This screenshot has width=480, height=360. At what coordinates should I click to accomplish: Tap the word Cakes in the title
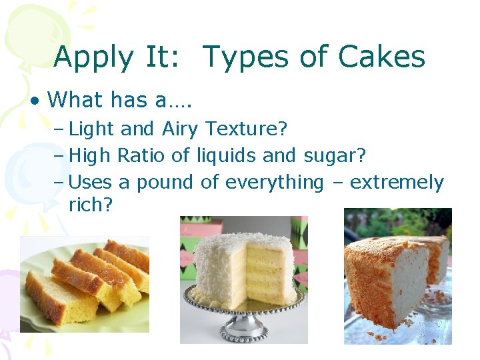(381, 57)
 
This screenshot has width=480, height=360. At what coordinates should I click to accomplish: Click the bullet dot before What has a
(33, 101)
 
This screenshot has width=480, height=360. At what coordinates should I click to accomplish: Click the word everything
(274, 182)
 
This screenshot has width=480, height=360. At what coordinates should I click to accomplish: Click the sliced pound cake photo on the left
(85, 283)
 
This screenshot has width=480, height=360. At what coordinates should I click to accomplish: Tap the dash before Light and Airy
(59, 128)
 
